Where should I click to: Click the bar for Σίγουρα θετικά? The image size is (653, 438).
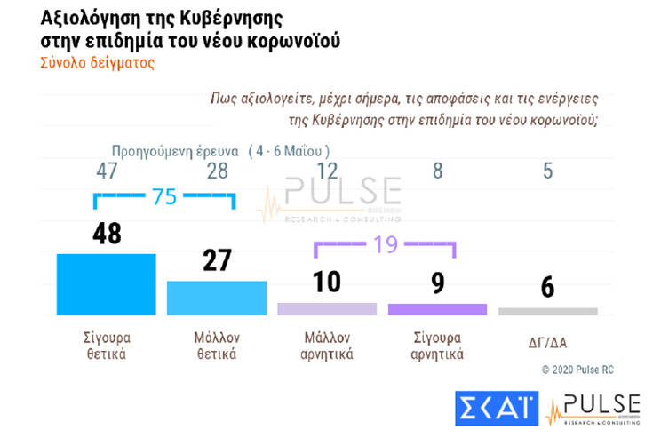[106, 284]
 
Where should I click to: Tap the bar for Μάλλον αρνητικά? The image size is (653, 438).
[327, 309]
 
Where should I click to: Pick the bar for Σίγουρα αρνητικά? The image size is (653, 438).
[437, 309]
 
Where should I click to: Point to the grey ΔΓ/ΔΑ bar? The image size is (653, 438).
[547, 311]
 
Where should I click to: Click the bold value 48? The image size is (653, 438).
[106, 235]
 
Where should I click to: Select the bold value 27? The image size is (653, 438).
[216, 260]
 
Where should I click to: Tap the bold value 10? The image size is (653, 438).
[326, 283]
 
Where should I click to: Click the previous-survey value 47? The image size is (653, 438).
[107, 171]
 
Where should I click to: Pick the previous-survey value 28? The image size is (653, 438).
[216, 171]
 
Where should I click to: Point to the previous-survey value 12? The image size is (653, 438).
[327, 171]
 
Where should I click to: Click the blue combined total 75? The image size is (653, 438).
[163, 198]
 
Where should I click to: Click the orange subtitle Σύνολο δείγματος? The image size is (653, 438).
[98, 63]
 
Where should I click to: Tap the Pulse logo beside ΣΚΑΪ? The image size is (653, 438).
[592, 408]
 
